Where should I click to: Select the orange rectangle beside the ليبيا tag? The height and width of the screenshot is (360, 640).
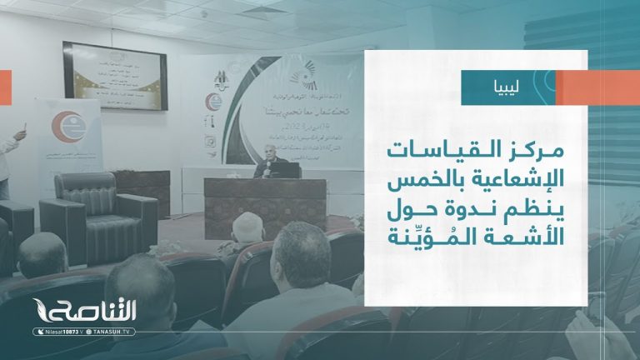tap(597, 87)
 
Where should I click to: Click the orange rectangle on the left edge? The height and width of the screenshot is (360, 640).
tap(5, 82)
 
